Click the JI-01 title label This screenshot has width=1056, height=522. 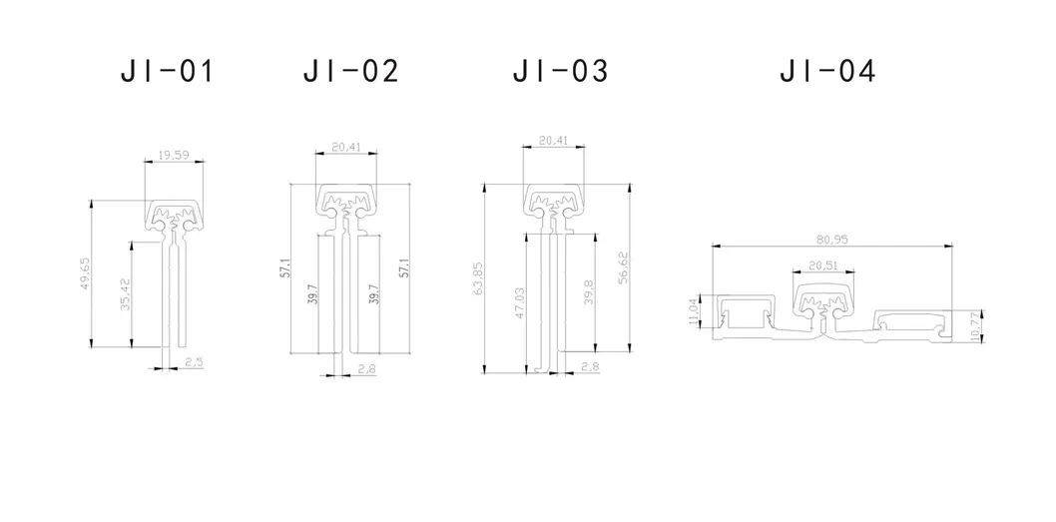[165, 72]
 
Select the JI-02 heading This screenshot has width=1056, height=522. [348, 72]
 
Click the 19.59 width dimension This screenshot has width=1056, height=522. [174, 156]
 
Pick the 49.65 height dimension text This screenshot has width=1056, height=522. [86, 272]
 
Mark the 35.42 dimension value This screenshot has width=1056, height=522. [125, 293]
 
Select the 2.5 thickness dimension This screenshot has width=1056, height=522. [195, 365]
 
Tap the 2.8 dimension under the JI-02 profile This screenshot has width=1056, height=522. [367, 369]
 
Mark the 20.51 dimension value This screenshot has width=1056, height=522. [824, 265]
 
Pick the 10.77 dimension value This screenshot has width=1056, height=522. [975, 324]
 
